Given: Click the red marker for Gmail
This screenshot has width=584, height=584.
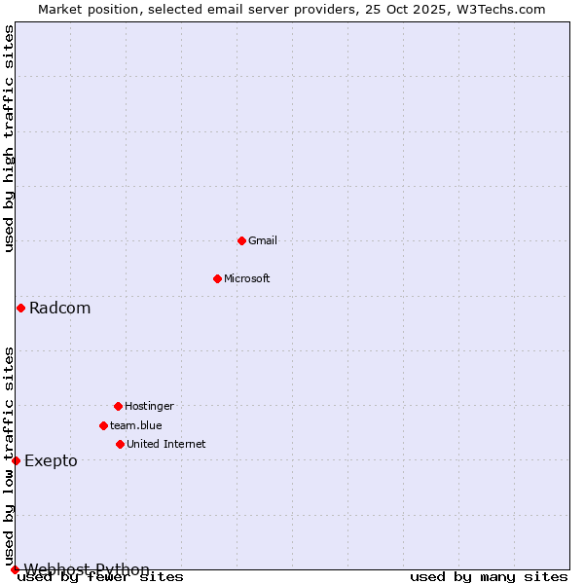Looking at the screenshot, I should (241, 240).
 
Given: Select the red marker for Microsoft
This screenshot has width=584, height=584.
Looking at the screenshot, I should (217, 278).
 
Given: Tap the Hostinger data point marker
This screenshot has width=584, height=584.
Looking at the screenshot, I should (118, 406).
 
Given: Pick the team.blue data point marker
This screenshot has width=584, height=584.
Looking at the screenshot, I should (103, 425).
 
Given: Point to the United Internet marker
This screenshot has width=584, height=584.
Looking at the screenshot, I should (120, 444).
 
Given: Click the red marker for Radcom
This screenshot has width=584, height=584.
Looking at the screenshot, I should (20, 309).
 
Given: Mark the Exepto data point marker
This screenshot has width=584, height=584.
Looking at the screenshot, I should (16, 460).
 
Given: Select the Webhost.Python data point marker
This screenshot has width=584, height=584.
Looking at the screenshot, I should (15, 569).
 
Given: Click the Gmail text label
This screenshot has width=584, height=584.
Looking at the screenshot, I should (263, 240).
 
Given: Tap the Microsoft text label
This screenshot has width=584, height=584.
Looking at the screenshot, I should (247, 278).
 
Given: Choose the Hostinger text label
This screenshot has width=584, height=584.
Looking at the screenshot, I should (149, 406).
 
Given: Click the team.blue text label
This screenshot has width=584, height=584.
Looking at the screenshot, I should (136, 425).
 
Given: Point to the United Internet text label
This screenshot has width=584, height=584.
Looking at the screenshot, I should (166, 444).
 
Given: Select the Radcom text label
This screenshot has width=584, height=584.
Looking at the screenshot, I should (59, 309).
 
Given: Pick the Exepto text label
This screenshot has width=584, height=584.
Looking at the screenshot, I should (51, 460).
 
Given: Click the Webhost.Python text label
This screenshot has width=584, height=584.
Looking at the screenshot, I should (87, 569).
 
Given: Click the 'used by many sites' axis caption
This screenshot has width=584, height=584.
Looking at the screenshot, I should (489, 577).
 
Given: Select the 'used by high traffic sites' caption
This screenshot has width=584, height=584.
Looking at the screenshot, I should (9, 138).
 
